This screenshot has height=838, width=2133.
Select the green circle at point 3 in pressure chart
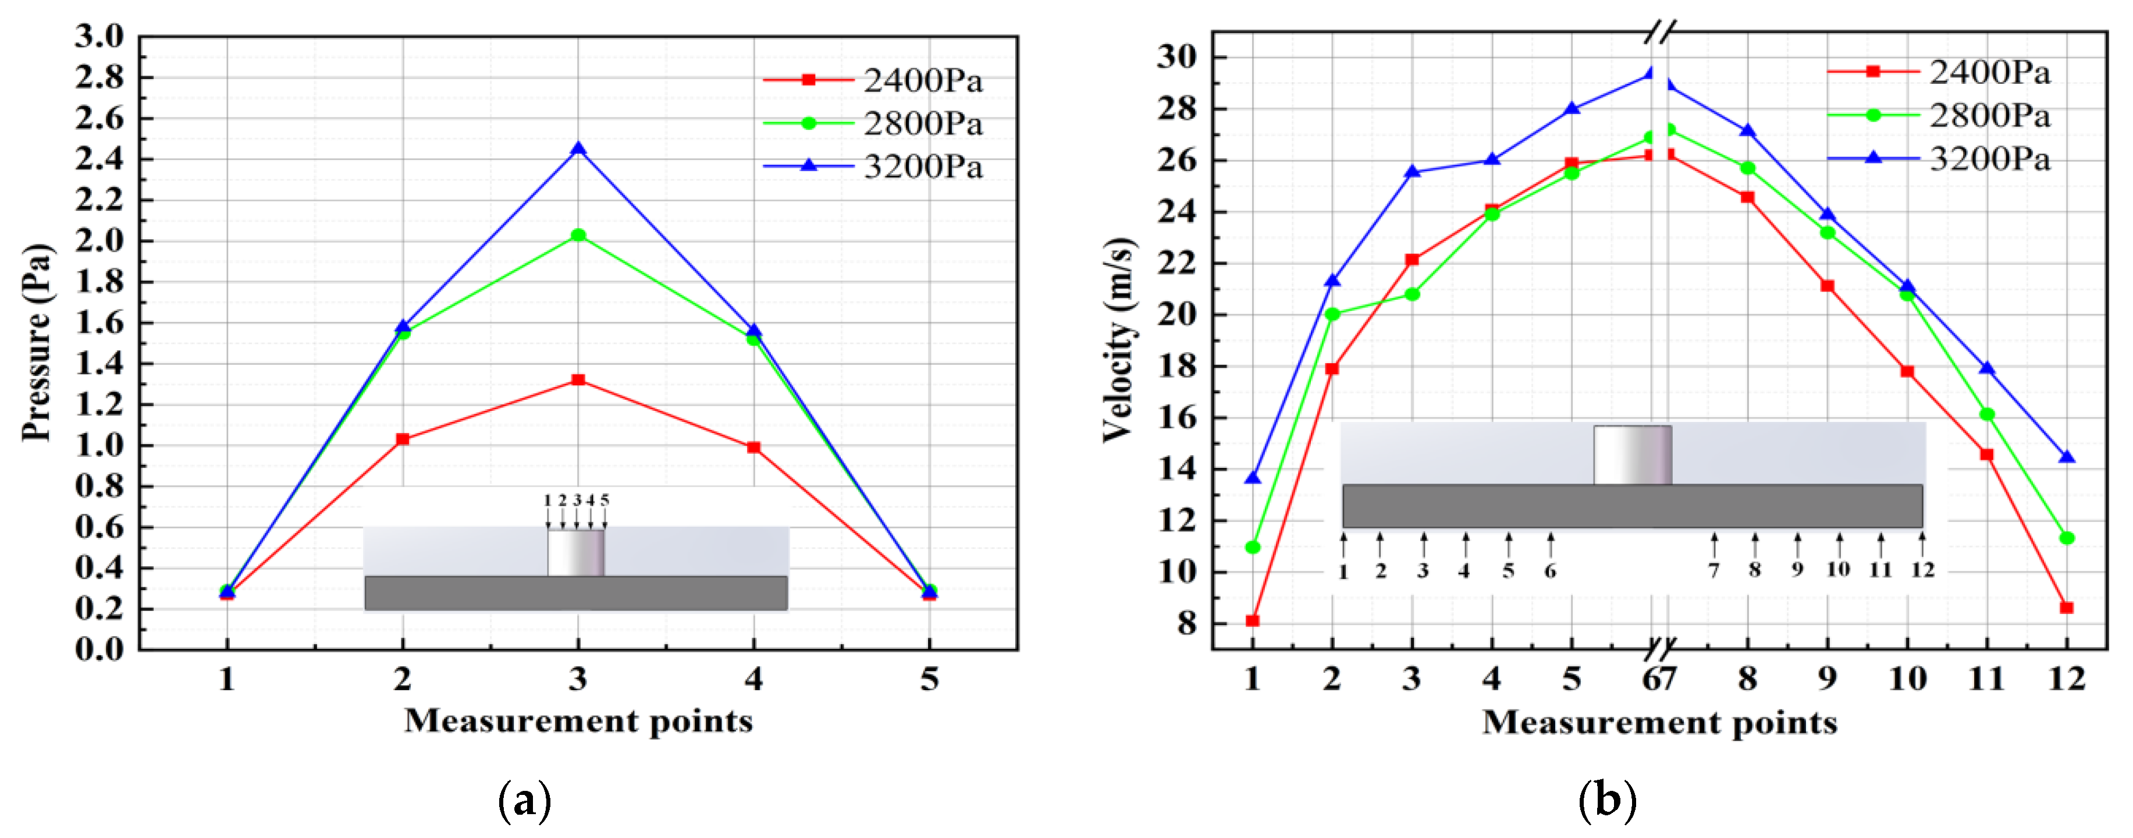click(578, 235)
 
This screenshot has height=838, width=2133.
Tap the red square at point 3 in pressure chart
click(578, 380)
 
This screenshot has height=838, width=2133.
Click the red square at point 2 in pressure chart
click(403, 439)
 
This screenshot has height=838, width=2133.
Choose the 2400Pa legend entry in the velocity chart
click(1938, 72)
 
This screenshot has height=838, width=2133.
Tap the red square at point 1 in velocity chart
click(1252, 620)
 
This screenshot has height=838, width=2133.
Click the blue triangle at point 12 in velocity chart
click(2067, 457)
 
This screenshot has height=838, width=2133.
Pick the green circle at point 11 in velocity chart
click(1986, 414)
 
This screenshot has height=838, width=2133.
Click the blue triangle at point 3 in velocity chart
click(1412, 172)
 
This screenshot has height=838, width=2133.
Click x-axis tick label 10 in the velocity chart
click(1907, 679)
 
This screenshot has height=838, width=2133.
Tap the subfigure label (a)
click(524, 800)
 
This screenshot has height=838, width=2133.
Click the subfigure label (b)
click(1606, 800)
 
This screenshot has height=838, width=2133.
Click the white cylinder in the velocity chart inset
click(1632, 454)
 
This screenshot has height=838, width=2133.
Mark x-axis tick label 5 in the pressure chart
click(929, 679)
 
